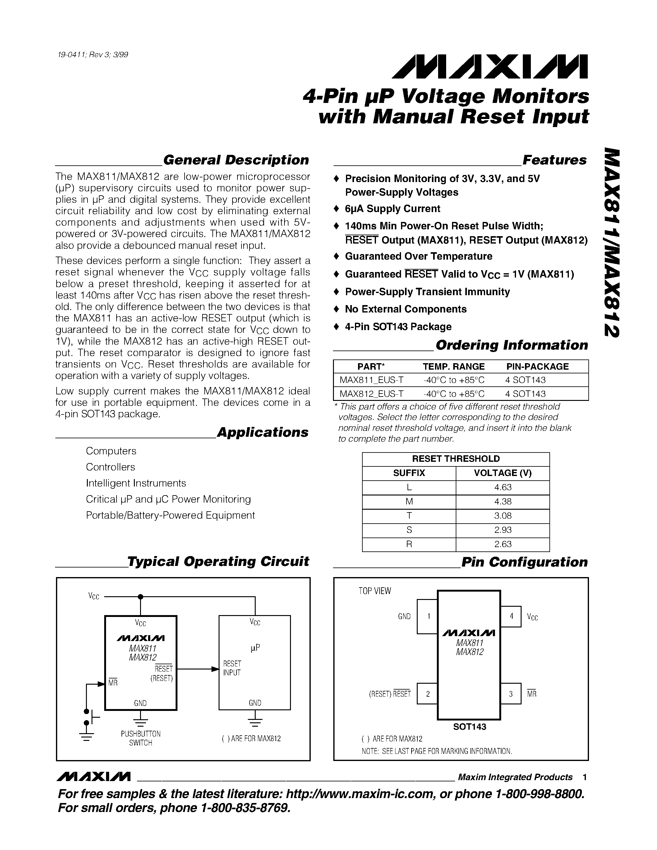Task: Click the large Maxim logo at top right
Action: (x=490, y=66)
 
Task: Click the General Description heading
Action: (x=236, y=160)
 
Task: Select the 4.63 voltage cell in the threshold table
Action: (x=502, y=487)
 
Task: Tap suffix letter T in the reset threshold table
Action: (x=409, y=516)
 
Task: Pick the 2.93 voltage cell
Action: (x=502, y=530)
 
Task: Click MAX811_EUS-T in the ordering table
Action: (x=371, y=380)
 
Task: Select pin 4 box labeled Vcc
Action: (x=511, y=616)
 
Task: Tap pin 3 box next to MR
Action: (x=511, y=694)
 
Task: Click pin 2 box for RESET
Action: (x=427, y=694)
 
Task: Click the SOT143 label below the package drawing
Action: (x=469, y=727)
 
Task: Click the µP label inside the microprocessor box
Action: (x=255, y=648)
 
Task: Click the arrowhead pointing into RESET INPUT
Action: (x=215, y=669)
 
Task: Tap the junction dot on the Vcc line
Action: (x=140, y=597)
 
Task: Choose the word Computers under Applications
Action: (x=111, y=451)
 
